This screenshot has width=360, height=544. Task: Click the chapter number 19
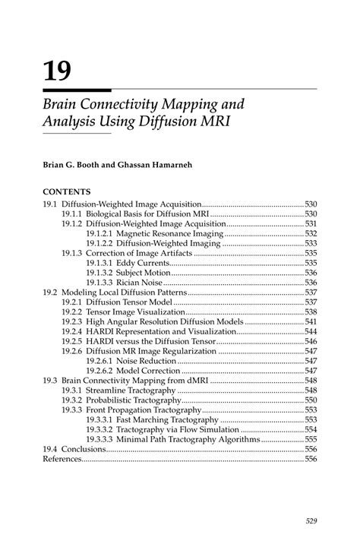pos(58,71)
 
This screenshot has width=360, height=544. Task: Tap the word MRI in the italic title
pos(215,121)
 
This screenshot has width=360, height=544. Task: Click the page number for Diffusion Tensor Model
pos(311,302)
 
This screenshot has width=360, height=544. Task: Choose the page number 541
pos(311,321)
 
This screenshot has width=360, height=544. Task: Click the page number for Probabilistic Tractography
pos(311,400)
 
